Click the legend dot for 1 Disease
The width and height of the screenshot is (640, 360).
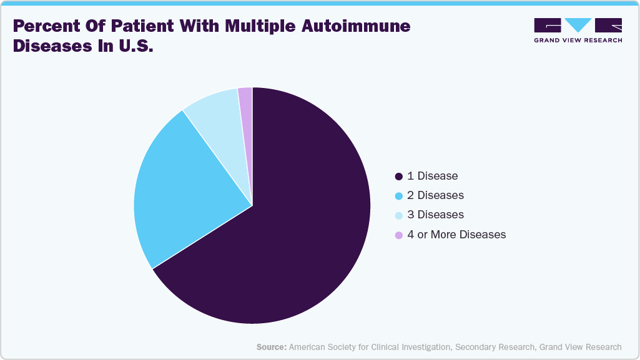point(399,176)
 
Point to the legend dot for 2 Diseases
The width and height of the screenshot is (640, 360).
point(399,195)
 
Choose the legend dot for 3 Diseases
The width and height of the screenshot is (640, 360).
point(399,215)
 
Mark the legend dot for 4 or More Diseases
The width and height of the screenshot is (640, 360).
point(399,235)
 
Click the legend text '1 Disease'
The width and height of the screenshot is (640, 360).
point(432,176)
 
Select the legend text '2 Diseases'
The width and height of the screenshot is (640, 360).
point(435,195)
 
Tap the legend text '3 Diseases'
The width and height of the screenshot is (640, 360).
point(435,215)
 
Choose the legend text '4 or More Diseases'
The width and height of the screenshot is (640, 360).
point(456,235)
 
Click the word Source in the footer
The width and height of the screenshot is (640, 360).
point(271,347)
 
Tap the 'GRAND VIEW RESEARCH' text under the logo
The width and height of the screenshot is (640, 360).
point(578,41)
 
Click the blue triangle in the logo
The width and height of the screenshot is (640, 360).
point(578,25)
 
